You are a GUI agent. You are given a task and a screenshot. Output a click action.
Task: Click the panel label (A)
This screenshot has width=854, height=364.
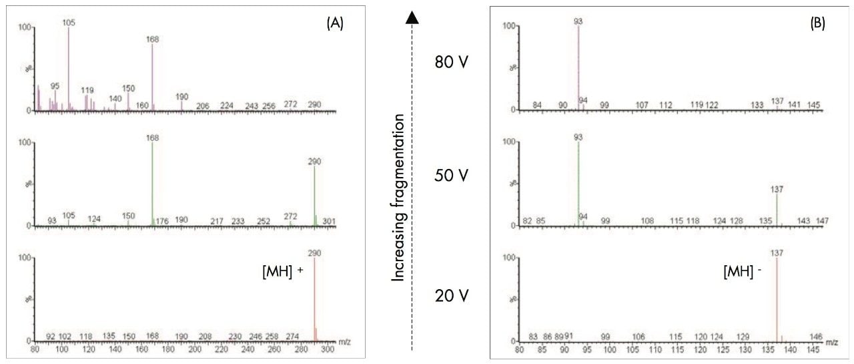point(335,23)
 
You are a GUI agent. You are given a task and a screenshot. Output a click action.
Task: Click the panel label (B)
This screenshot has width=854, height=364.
point(817,23)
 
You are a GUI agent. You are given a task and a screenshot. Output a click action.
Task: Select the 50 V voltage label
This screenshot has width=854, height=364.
point(452,176)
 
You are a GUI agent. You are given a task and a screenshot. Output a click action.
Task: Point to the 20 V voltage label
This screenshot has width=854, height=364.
point(452,294)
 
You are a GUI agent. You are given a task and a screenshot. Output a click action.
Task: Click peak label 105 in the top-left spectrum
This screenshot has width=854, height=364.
point(69,22)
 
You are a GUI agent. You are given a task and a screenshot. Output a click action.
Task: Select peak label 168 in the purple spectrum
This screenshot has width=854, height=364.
point(152,39)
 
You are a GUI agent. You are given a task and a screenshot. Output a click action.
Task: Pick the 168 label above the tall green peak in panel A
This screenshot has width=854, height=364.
point(152,138)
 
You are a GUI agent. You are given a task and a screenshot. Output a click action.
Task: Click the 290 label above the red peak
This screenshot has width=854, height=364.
point(314,253)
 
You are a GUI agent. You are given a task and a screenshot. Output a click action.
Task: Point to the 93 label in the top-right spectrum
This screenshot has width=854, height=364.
point(578,21)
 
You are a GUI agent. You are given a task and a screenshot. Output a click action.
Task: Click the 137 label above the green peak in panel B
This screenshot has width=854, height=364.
point(777,190)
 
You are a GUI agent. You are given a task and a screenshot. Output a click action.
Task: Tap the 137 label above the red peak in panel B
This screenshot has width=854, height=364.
point(777,253)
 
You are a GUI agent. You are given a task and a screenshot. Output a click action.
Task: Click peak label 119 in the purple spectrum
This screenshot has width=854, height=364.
point(87,89)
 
